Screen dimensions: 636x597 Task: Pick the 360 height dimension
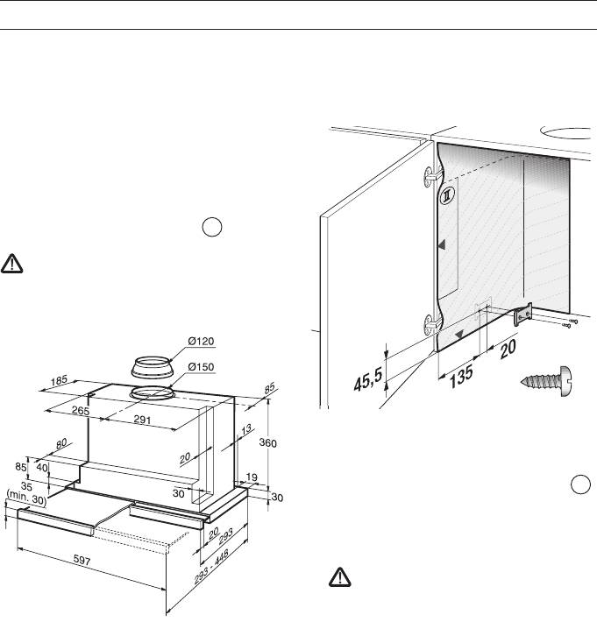coord(267,443)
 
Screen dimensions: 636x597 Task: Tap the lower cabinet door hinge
coord(430,323)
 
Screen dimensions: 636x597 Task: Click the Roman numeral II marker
coord(445,194)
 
